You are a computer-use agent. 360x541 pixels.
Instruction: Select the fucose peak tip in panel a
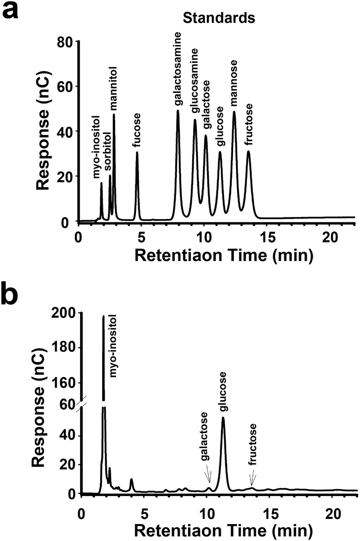click(137, 152)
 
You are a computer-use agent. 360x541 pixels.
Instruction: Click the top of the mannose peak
click(234, 112)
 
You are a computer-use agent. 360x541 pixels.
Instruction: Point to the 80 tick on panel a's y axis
click(66, 42)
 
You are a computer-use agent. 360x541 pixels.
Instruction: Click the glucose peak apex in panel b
click(223, 418)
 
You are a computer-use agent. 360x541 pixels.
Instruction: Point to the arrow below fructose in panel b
click(252, 479)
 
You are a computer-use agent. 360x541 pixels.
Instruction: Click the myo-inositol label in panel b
click(113, 347)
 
